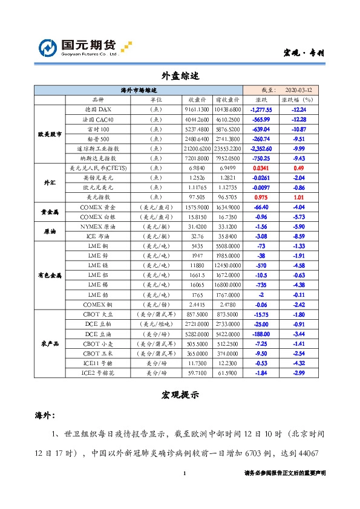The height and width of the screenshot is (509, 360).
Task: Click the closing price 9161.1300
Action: [x=198, y=110]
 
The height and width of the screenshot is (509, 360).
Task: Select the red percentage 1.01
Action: [x=298, y=196]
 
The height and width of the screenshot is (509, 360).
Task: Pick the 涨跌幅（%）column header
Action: [x=298, y=99]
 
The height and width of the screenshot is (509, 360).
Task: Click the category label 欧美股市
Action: [x=49, y=134]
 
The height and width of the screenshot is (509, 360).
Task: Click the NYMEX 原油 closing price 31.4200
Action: [x=198, y=226]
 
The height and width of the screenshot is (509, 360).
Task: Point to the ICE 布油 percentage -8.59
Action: [x=298, y=236]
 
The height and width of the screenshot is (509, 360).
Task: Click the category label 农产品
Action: [x=49, y=343]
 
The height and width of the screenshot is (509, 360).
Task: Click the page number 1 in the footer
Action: [x=184, y=473]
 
